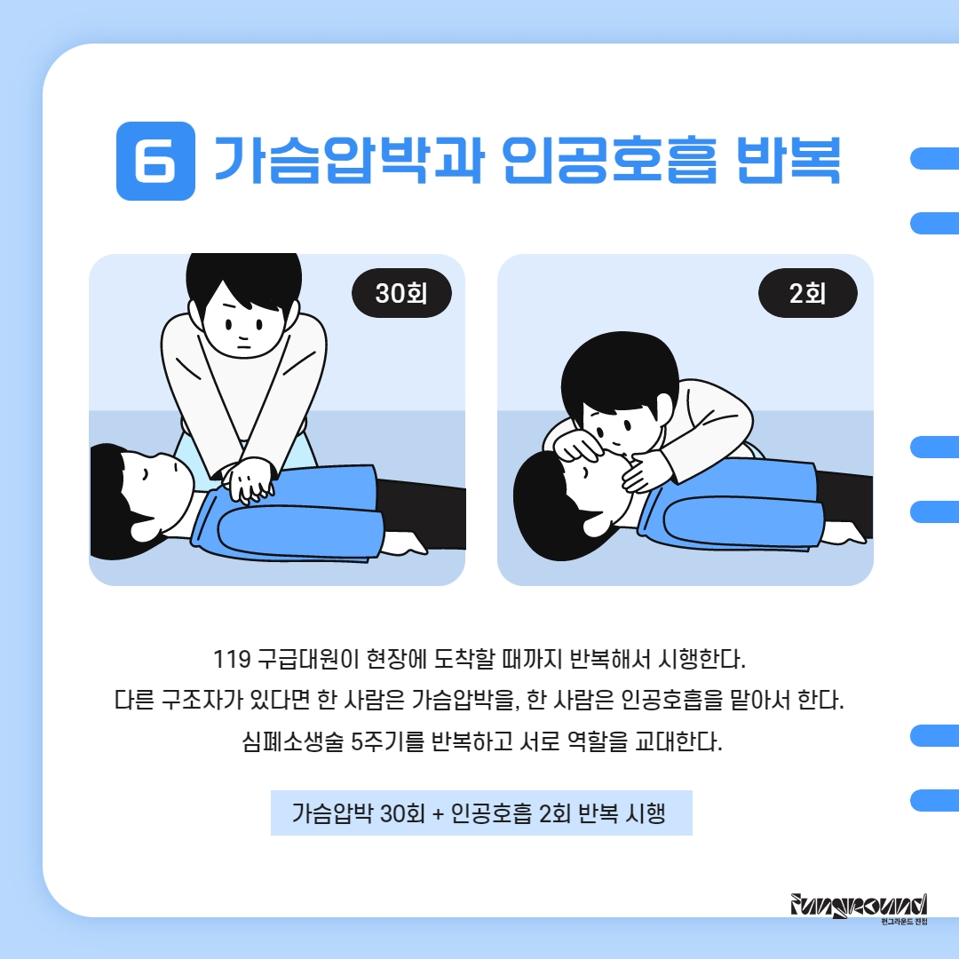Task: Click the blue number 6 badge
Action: [155, 161]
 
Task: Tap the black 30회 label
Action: [401, 293]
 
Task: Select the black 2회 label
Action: [807, 293]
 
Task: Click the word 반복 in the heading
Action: [789, 160]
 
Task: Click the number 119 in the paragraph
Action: [232, 659]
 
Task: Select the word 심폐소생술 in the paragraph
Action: [292, 741]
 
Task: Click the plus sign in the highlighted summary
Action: [437, 814]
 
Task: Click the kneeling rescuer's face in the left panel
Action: [245, 321]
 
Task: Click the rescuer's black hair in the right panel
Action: [619, 372]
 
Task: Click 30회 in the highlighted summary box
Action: [402, 813]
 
